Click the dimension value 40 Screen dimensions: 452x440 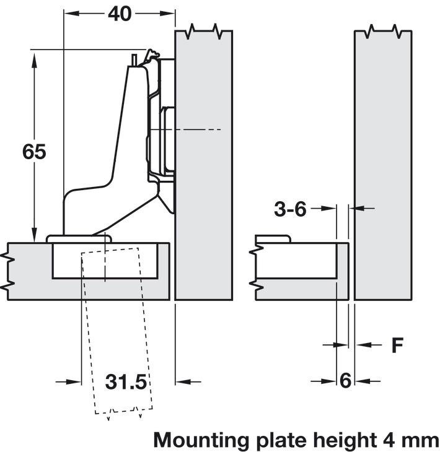coord(119,13)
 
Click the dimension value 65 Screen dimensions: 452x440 coord(34,151)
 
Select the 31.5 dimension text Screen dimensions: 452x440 coord(126,382)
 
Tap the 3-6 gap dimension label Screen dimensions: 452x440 coord(290,210)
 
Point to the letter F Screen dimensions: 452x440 coord(397,345)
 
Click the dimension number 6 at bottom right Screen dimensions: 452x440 coord(345,381)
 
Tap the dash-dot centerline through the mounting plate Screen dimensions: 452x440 coord(198,129)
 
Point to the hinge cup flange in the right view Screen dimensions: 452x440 coord(273,239)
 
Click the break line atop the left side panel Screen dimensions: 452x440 coord(204,29)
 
